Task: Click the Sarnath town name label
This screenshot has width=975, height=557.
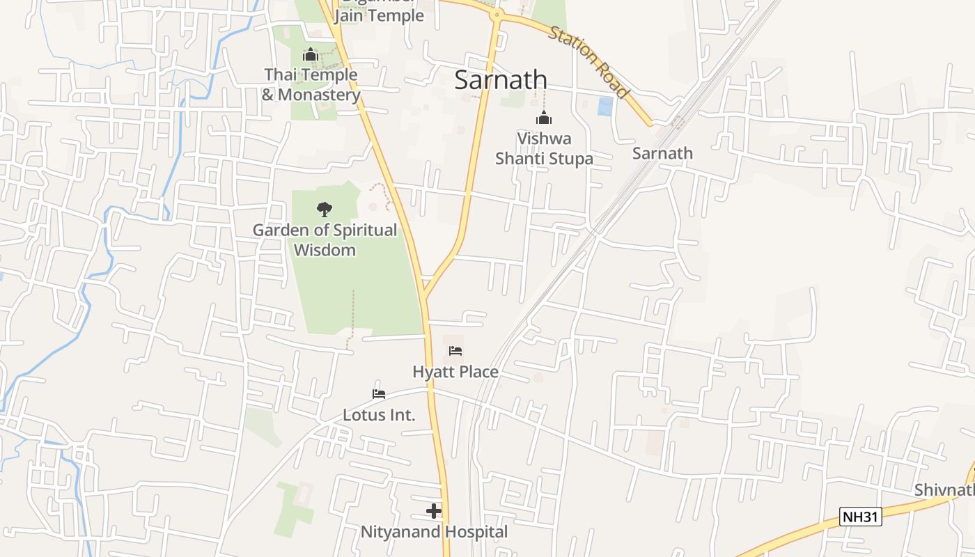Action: click(x=500, y=79)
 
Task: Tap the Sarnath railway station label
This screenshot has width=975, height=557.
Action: click(x=662, y=153)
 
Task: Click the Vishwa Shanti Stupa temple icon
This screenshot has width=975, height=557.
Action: click(x=544, y=118)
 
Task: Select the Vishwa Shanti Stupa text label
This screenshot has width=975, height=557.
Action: click(x=544, y=148)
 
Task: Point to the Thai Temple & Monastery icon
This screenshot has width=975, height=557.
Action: click(x=311, y=54)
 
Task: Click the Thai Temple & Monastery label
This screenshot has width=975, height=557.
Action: click(x=311, y=84)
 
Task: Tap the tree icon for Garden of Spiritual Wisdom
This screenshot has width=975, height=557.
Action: click(x=324, y=208)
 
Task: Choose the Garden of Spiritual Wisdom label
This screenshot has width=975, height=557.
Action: click(x=325, y=240)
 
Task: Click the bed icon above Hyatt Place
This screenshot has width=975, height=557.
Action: click(x=455, y=350)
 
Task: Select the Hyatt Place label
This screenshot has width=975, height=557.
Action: click(x=455, y=372)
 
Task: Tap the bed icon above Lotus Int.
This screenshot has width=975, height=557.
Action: click(x=379, y=393)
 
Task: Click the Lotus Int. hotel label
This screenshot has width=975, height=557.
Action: click(x=379, y=415)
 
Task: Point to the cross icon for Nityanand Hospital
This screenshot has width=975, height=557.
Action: click(x=434, y=512)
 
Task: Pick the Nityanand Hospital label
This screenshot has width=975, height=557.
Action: click(x=434, y=533)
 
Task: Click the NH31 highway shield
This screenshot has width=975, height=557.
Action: click(x=861, y=517)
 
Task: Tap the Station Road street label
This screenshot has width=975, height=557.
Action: click(x=589, y=62)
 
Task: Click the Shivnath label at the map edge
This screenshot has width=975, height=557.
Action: click(x=944, y=489)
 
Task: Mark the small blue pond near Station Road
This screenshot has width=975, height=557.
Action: click(x=606, y=106)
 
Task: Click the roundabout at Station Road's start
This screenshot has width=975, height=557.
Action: click(x=497, y=14)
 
